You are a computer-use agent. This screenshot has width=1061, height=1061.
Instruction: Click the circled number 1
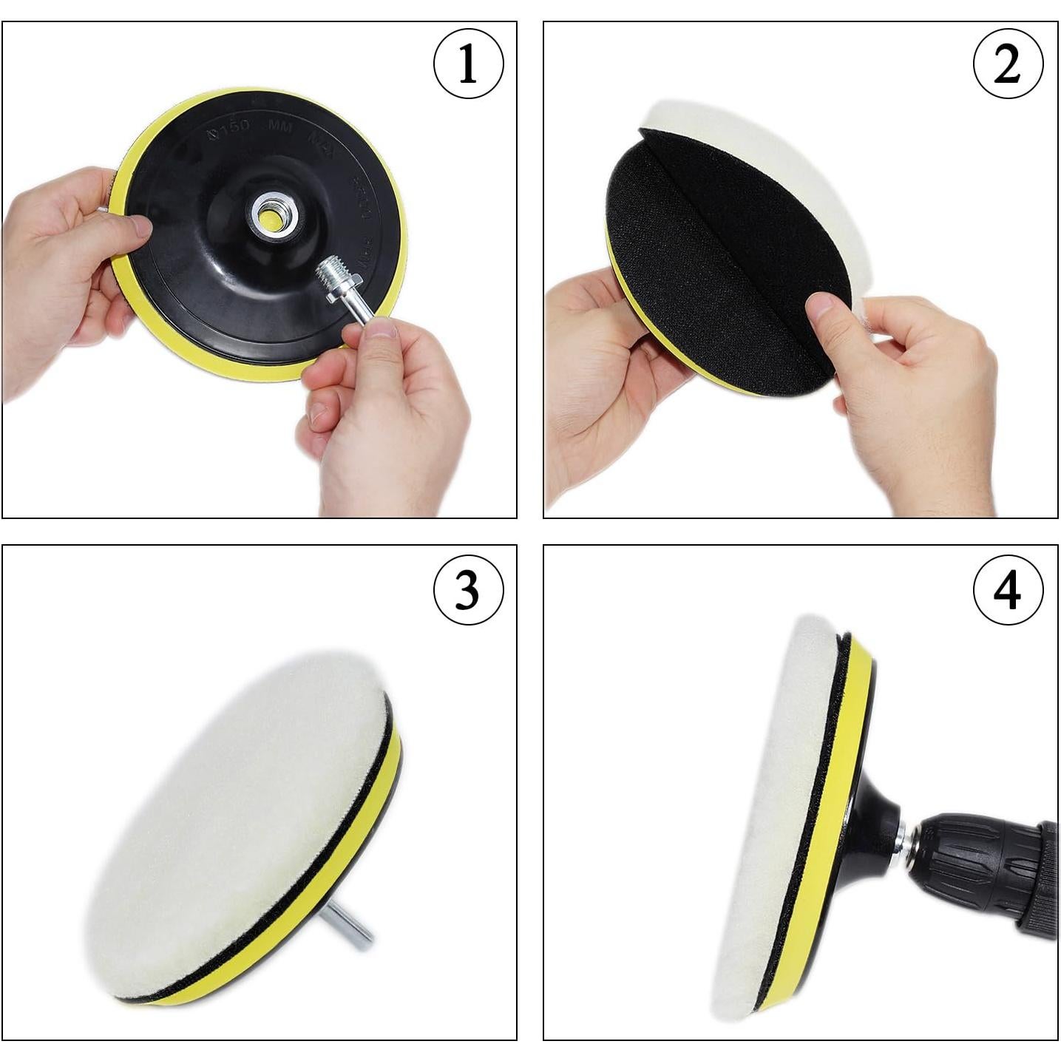click(x=468, y=64)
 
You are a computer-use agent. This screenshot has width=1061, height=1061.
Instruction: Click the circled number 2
click(x=1008, y=64)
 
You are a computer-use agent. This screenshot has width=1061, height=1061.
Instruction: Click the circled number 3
click(x=468, y=591)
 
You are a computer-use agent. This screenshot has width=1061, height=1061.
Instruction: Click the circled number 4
click(x=1008, y=591)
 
